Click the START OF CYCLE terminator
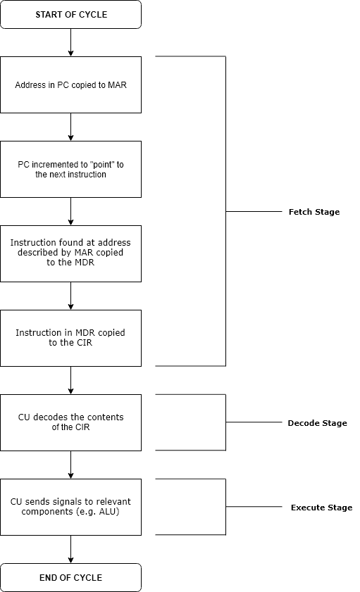pyautogui.click(x=70, y=14)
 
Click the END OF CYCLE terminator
pyautogui.click(x=70, y=577)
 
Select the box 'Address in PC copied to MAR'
pyautogui.click(x=70, y=84)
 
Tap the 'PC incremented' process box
pyautogui.click(x=70, y=169)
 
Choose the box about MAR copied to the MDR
pyautogui.click(x=70, y=253)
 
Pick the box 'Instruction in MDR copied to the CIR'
pyautogui.click(x=70, y=338)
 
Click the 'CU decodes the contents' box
pyautogui.click(x=70, y=422)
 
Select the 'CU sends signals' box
pyautogui.click(x=70, y=507)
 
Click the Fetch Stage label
pyautogui.click(x=314, y=212)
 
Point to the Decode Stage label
pyautogui.click(x=317, y=423)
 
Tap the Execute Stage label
pyautogui.click(x=321, y=508)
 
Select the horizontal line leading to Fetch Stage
pyautogui.click(x=254, y=211)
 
